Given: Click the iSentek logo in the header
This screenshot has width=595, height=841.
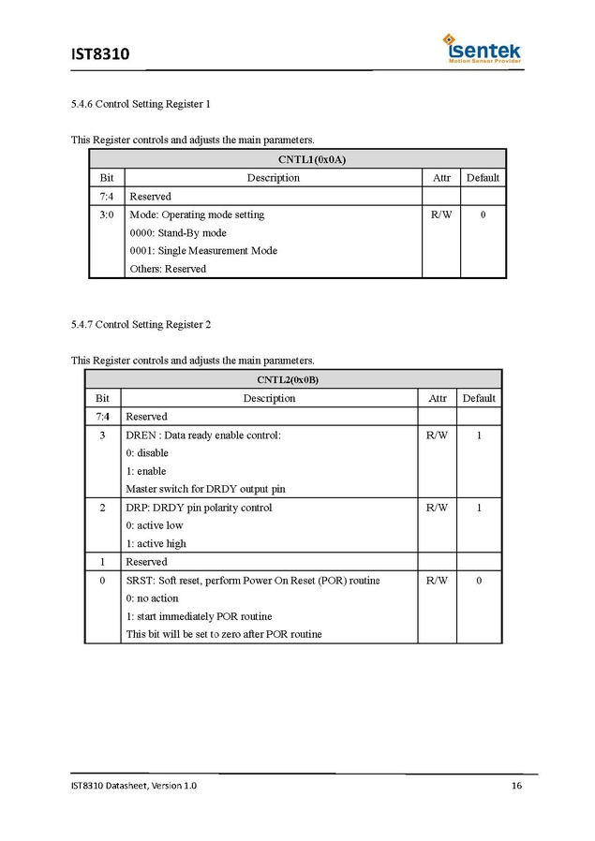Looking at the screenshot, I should pyautogui.click(x=483, y=49).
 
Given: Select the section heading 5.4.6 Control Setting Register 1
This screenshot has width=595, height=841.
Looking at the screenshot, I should pyautogui.click(x=147, y=104).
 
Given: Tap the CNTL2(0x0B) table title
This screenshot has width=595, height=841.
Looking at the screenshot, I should pyautogui.click(x=293, y=380).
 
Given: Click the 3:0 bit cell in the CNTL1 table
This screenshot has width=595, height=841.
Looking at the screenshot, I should pyautogui.click(x=106, y=215).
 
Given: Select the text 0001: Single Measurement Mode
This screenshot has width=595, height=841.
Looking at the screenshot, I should pyautogui.click(x=203, y=251).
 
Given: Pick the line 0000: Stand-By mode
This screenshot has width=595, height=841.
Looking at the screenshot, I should pyautogui.click(x=178, y=233).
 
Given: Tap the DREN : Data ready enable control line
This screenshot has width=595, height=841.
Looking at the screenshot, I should pyautogui.click(x=203, y=435).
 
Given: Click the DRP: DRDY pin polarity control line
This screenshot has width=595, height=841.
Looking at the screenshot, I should pyautogui.click(x=199, y=508).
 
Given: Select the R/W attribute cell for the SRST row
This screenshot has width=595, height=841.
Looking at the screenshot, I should pyautogui.click(x=437, y=581).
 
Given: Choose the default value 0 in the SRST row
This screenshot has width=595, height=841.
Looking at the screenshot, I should pyautogui.click(x=479, y=581).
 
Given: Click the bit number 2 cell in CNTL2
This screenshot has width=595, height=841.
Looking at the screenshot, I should pyautogui.click(x=102, y=508).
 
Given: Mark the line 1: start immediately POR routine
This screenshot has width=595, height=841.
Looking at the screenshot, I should pyautogui.click(x=199, y=616).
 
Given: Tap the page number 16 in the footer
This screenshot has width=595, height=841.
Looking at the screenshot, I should pyautogui.click(x=516, y=785).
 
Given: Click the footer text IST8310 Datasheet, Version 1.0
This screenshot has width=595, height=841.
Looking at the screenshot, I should pyautogui.click(x=134, y=785).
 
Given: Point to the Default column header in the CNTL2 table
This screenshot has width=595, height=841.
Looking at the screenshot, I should pyautogui.click(x=479, y=399).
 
